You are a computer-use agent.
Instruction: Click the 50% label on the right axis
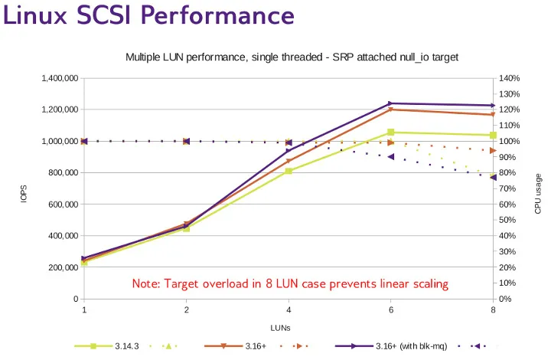509,220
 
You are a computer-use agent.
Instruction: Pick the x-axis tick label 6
391,310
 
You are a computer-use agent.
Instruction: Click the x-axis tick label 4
289,310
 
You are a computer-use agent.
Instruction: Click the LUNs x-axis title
289,328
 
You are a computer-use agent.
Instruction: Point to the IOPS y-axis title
23,194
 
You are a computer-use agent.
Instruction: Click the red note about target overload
290,283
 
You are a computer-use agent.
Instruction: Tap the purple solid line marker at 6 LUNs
391,103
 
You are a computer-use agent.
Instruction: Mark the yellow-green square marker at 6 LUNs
391,133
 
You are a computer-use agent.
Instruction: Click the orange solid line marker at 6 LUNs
391,110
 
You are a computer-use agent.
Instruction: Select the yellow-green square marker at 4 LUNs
289,171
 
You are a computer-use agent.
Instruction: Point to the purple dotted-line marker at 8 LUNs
494,177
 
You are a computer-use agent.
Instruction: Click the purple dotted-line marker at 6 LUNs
391,156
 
